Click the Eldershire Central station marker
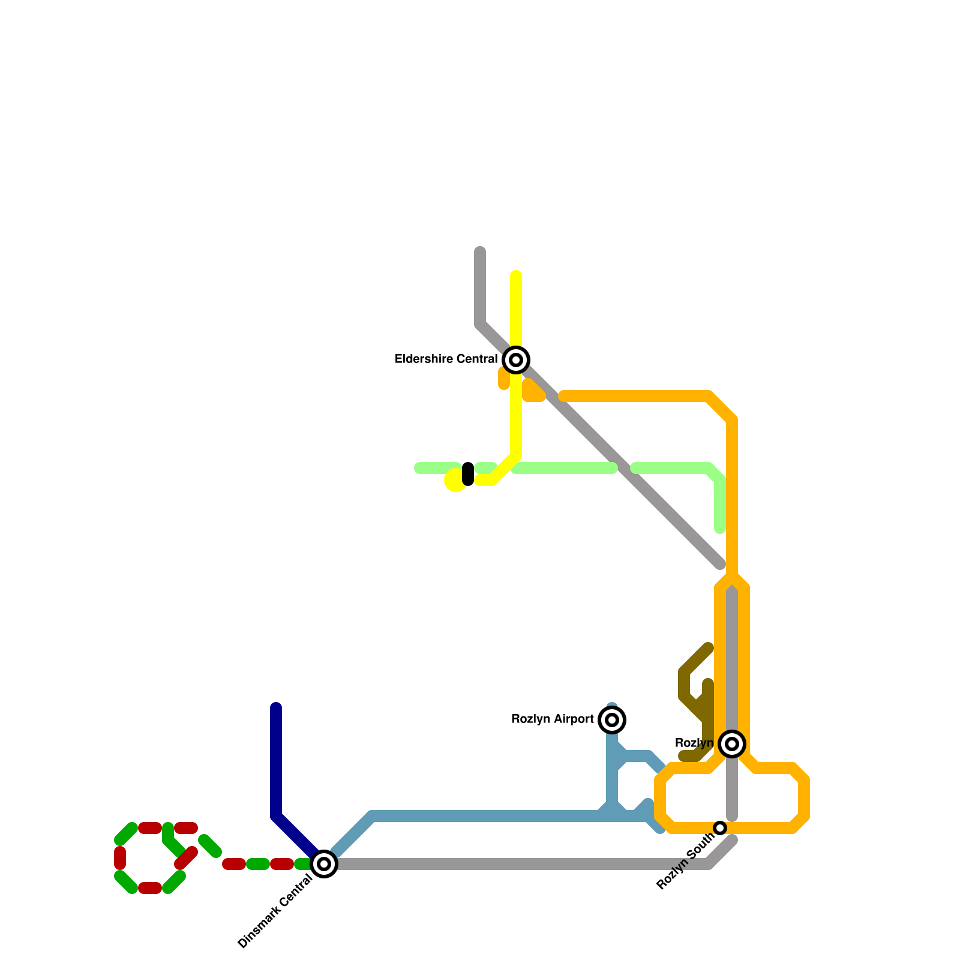point(516,360)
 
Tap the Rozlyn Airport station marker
point(612,720)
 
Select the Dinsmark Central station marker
point(324,864)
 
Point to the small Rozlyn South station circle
point(720,828)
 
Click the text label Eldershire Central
point(446,359)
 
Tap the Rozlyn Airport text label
point(552,719)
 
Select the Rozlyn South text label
point(685,864)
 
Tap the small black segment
point(468,474)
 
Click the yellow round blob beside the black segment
point(455,481)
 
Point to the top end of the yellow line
point(516,275)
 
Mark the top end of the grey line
point(480,251)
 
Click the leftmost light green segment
point(437,468)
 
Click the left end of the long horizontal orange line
point(563,396)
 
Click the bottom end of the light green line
point(720,529)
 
